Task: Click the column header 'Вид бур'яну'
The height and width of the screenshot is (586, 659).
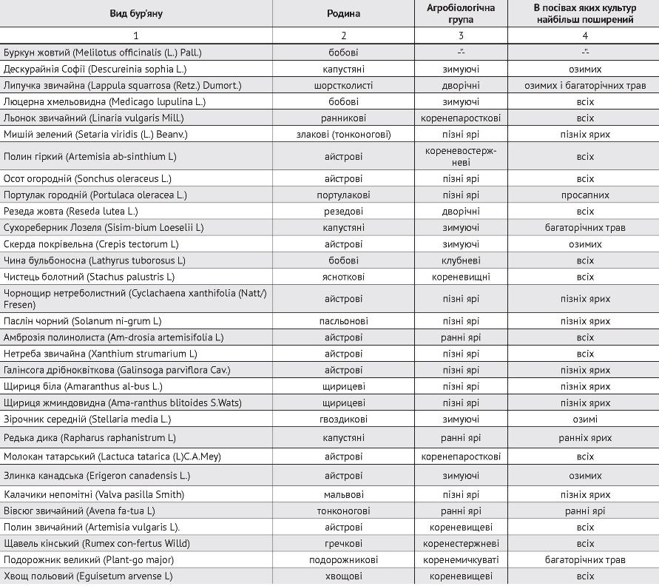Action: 136,13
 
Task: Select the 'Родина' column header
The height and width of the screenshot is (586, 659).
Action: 343,13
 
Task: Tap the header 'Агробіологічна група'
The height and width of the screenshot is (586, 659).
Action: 461,13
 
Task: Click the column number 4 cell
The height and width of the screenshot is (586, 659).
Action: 584,36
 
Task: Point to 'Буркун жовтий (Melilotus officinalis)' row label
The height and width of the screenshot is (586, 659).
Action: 103,53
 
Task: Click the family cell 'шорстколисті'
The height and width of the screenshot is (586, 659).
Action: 343,85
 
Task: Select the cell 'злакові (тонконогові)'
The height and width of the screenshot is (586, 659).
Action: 343,134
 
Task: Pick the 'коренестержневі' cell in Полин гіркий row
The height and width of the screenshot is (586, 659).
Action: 461,156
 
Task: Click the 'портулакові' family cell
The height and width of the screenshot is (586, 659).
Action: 343,195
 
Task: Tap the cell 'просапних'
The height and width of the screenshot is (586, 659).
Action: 584,195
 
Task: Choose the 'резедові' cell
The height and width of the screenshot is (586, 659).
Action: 343,211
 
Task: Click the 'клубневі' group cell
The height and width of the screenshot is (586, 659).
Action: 461,260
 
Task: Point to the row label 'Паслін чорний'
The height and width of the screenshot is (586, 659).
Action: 82,321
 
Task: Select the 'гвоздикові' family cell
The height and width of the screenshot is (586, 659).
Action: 343,419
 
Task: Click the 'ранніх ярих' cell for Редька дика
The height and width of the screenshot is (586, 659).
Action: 584,438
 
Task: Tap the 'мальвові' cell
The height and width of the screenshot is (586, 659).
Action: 343,494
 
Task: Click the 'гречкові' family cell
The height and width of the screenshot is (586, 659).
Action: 343,543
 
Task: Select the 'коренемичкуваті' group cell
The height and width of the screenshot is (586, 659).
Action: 461,559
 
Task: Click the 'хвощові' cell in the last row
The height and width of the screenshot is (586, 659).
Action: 343,576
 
